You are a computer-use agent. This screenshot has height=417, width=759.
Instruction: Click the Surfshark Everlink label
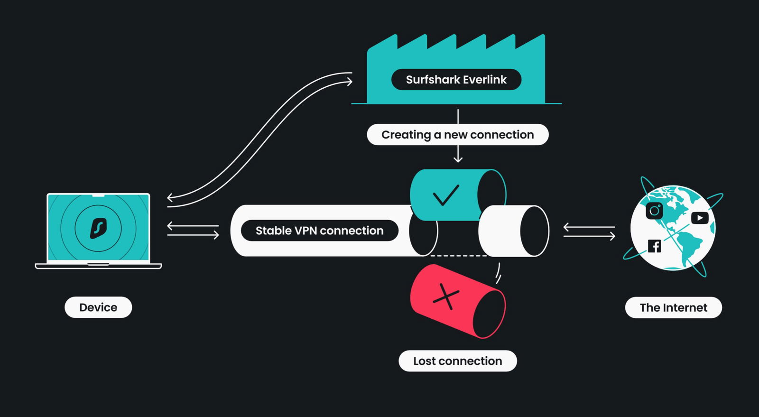[x=456, y=80]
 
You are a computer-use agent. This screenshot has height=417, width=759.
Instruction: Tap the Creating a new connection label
[x=458, y=134]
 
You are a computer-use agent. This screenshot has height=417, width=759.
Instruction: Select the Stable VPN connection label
[x=320, y=231]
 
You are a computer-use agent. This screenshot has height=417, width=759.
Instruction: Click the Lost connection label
[x=458, y=361]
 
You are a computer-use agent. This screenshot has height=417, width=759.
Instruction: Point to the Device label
[x=98, y=307]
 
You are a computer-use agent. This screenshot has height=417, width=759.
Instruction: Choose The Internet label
[x=674, y=307]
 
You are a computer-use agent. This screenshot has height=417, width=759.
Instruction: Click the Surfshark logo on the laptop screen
[x=98, y=228]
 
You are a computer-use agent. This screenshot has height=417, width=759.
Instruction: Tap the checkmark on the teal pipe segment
[x=446, y=195]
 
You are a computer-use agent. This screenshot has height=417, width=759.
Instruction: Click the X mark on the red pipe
[x=446, y=297]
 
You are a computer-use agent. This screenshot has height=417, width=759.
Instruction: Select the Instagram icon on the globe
[x=654, y=211]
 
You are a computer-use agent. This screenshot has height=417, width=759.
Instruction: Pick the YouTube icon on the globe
[x=700, y=218]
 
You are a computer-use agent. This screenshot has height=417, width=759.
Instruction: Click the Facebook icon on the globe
[x=654, y=246]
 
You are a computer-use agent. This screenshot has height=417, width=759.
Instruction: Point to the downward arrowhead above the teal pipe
[x=458, y=159]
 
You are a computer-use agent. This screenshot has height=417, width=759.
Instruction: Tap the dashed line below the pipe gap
[x=458, y=256]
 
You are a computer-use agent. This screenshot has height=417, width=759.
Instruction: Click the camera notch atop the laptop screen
[x=98, y=195]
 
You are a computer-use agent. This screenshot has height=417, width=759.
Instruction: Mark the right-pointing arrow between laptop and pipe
[x=193, y=234]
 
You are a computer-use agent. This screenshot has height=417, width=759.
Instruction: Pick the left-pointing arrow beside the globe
[x=589, y=227]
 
